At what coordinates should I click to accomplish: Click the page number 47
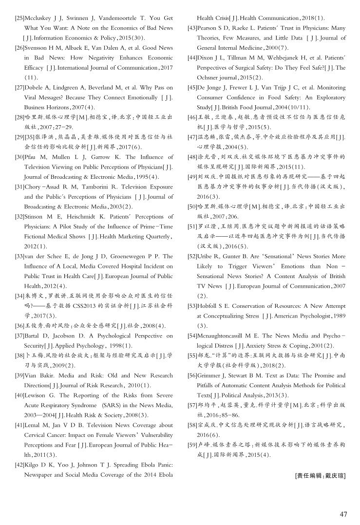[x=343, y=514]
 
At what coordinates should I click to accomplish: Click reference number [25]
[x=20, y=18]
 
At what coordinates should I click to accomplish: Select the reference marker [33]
[x=20, y=256]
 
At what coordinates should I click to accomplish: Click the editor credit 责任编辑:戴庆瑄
[x=321, y=475]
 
